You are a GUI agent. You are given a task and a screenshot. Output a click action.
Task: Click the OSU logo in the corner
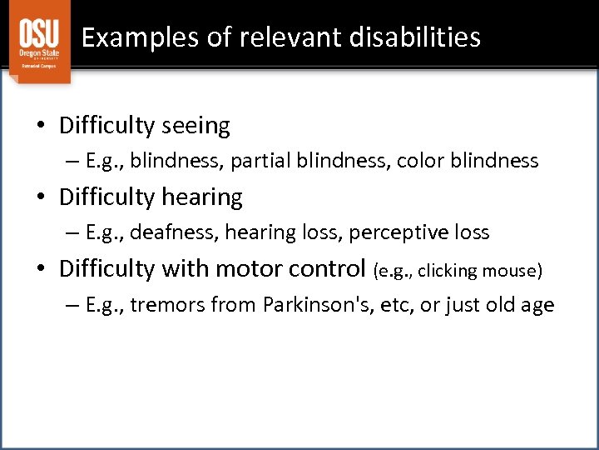pyautogui.click(x=39, y=42)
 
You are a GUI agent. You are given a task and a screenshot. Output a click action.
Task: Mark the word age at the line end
pyautogui.click(x=537, y=306)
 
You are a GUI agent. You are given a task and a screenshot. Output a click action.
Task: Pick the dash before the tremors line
pyautogui.click(x=73, y=306)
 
